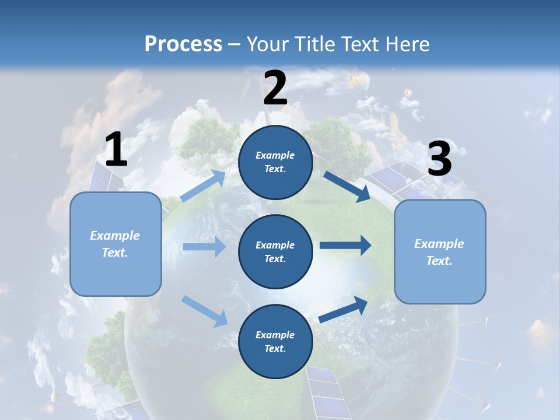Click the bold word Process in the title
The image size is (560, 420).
pos(183,44)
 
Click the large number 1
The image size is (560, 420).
pos(116,150)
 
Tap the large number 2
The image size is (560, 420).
pos(275,89)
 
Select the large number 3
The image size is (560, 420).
pos(439,159)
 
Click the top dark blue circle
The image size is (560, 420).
pos(275,162)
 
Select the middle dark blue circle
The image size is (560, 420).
pos(275,251)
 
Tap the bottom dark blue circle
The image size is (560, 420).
pos(275,341)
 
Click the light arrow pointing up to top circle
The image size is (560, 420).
pos(204,186)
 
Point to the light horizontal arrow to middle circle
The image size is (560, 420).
pos(204,247)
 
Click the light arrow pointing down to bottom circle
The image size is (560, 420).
pos(205,311)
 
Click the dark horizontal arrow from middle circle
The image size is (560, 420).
pos(345,246)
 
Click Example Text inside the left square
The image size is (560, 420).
pos(115,244)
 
